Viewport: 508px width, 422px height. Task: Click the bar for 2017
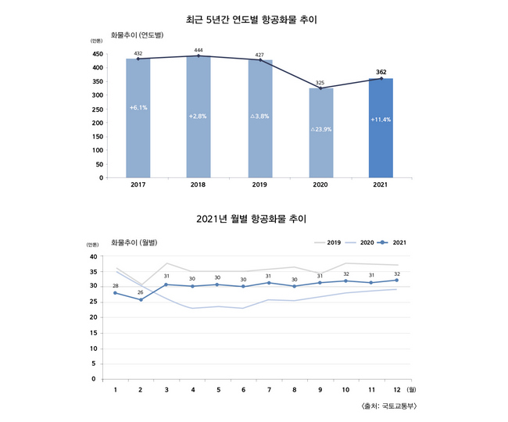138,117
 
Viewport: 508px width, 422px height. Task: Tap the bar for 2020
320,133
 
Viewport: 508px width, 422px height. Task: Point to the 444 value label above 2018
199,50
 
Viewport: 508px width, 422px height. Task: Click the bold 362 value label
381,72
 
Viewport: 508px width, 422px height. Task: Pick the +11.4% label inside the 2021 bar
381,120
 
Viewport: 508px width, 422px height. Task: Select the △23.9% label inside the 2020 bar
320,129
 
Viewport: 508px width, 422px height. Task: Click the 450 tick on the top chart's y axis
97,54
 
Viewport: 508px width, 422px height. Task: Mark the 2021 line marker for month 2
141,300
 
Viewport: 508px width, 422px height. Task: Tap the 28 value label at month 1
116,286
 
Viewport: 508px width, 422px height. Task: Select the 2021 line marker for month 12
396,281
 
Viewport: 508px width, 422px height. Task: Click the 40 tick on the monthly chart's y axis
92,256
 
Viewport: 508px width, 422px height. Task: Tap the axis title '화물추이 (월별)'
135,242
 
